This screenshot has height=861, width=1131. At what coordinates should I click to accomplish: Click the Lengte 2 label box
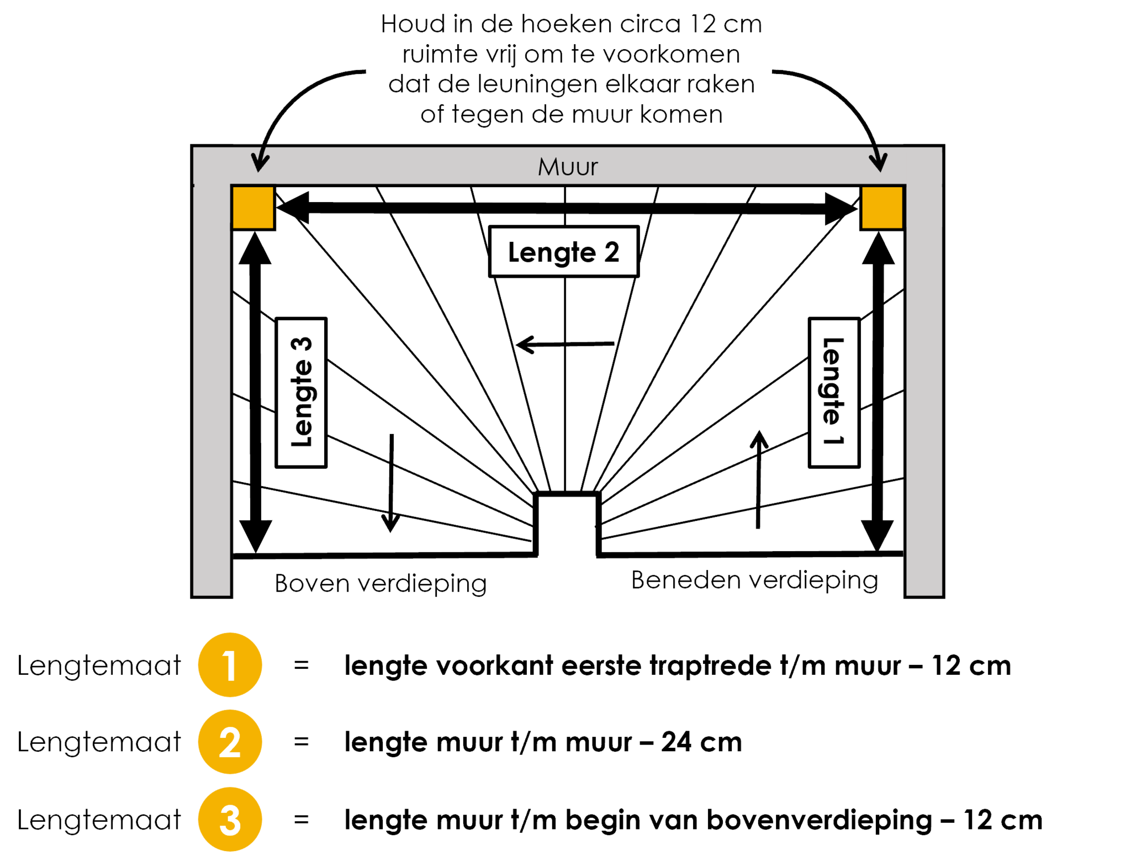[x=563, y=252]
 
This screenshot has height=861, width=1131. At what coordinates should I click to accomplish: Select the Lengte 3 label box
[x=301, y=392]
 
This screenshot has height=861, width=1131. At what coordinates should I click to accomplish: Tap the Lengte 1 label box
[x=834, y=392]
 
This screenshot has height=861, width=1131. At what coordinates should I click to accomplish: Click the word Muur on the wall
[x=568, y=167]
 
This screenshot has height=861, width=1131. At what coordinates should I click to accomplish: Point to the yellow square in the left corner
[x=253, y=208]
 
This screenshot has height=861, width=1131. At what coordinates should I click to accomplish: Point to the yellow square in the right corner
[x=881, y=208]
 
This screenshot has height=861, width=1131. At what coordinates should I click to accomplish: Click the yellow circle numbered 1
[x=230, y=665]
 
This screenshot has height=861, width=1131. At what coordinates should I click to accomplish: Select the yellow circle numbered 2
[x=230, y=742]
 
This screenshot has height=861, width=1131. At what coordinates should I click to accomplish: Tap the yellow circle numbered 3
[x=230, y=819]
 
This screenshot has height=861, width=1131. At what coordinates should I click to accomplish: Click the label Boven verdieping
[x=380, y=584]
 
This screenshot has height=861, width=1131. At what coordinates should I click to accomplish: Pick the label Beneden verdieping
[x=755, y=581]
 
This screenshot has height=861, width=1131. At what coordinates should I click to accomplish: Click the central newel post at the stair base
[x=567, y=525]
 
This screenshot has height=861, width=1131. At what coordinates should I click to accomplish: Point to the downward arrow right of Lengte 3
[x=391, y=483]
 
